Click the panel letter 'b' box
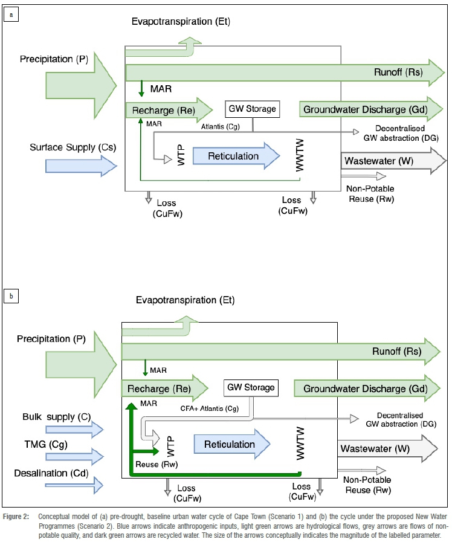pos(10,296)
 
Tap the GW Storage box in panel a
pos(252,109)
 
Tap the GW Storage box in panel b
pos(250,388)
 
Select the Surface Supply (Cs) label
pos(73,147)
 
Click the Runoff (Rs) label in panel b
pos(396,351)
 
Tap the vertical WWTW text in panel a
pos(299,156)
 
